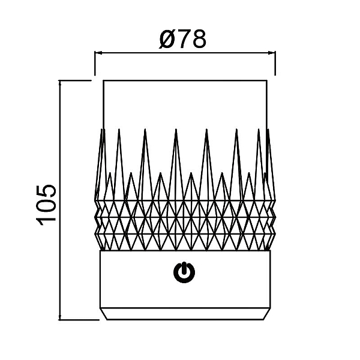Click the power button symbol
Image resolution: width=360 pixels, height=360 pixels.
184,272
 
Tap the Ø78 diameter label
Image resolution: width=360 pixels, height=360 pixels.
183,39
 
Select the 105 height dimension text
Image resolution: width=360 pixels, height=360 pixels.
46,205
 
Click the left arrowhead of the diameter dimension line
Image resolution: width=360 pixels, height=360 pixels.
98,53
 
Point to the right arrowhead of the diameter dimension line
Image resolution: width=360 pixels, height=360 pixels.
272,53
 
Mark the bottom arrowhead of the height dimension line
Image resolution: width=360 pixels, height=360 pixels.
60,316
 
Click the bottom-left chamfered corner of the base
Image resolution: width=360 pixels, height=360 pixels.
107,319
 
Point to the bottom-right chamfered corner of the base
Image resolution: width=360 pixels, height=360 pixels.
263,319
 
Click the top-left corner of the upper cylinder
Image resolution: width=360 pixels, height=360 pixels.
103,80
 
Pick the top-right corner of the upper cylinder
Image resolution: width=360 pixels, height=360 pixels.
267,80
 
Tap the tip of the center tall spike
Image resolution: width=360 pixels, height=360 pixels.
176,129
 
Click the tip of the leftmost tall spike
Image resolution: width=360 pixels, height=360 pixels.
102,129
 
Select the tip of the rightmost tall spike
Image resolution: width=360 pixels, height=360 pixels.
268,129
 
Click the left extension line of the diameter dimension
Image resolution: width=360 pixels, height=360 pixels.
95,64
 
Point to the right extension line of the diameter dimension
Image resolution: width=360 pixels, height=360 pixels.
275,64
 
